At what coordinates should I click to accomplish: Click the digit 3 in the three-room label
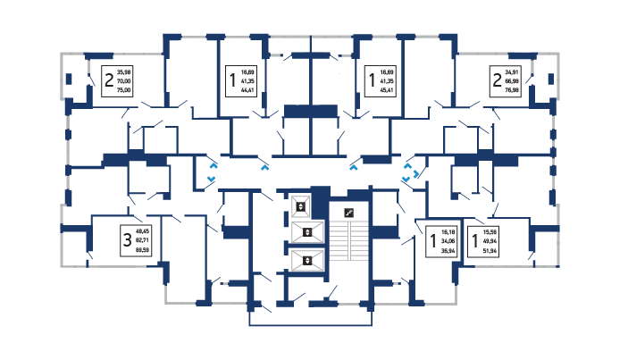click(x=127, y=239)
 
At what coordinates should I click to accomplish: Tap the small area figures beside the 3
click(x=141, y=239)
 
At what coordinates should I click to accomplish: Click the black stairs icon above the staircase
click(x=349, y=212)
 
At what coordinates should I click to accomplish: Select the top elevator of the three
click(x=302, y=206)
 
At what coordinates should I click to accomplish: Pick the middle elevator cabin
click(x=306, y=233)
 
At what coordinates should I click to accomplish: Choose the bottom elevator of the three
click(x=306, y=261)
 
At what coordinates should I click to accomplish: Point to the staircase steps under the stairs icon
click(x=355, y=247)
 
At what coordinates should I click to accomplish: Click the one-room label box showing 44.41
click(x=242, y=80)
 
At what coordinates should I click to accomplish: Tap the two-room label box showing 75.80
click(x=117, y=80)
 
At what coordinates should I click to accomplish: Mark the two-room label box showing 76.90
click(x=506, y=80)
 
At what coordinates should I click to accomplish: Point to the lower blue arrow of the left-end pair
click(x=211, y=179)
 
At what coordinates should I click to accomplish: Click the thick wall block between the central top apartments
click(x=310, y=112)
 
